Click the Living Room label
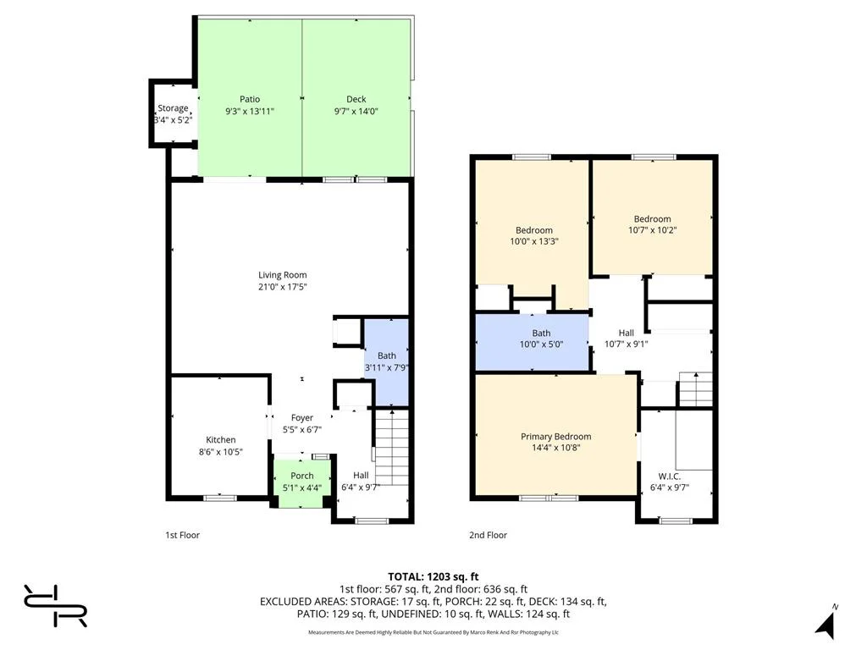[x=283, y=275]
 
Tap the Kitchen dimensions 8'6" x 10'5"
[x=221, y=452]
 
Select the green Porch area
[x=302, y=482]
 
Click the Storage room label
[x=173, y=107]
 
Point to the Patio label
[x=250, y=99]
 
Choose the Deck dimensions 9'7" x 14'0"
[x=356, y=111]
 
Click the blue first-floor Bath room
[x=386, y=362]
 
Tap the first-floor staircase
[x=392, y=448]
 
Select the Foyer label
[x=302, y=418]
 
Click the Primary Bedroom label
[x=555, y=436]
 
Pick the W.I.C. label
[x=669, y=476]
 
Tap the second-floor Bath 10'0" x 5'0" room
[x=532, y=342]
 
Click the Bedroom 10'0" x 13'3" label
[x=534, y=230]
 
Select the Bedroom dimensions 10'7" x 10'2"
[x=653, y=230]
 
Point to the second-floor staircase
[x=696, y=389]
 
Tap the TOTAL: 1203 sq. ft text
[x=433, y=577]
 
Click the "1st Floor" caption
[x=183, y=535]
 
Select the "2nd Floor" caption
[x=488, y=535]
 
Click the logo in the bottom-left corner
[x=55, y=605]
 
